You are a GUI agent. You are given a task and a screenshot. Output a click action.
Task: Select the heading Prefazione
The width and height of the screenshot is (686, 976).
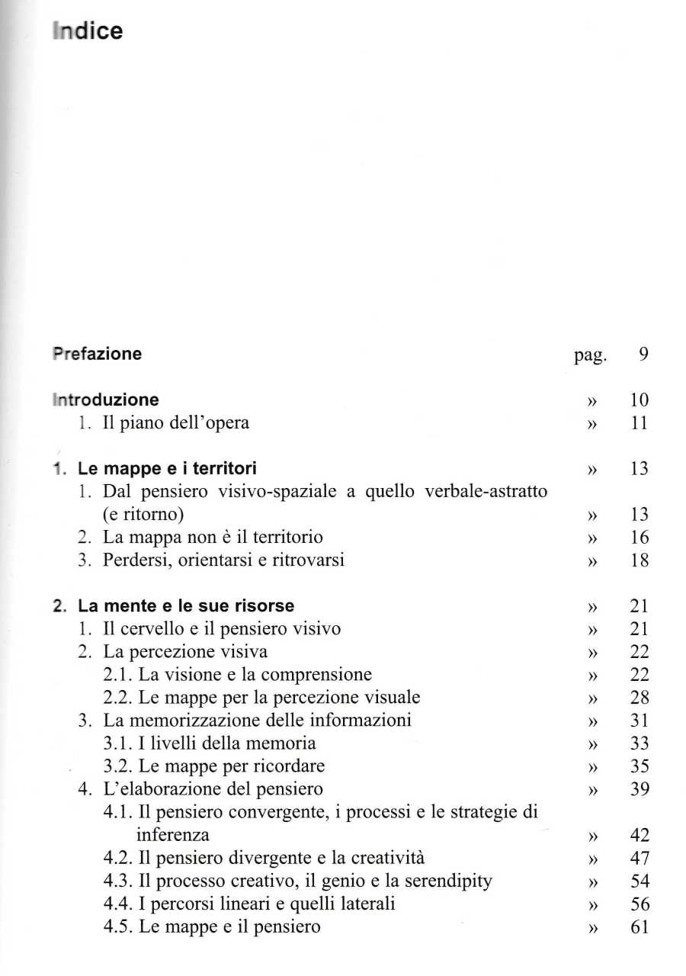coord(96,354)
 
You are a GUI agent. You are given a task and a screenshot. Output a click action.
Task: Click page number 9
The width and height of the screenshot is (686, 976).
coord(643,355)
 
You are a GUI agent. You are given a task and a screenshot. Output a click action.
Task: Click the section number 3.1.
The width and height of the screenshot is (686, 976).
coord(116,743)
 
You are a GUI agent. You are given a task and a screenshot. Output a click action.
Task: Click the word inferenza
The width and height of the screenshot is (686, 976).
coord(173,835)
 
